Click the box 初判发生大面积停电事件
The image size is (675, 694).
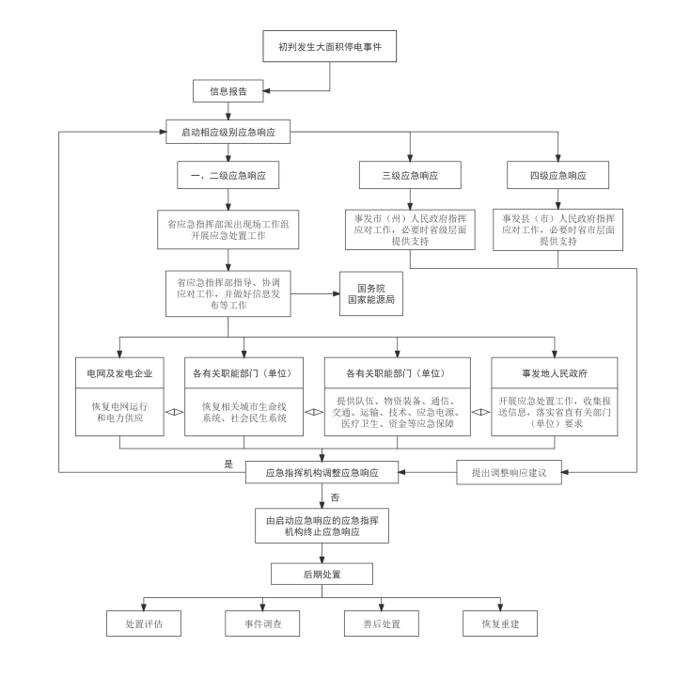click(329, 46)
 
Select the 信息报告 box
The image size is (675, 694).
click(228, 91)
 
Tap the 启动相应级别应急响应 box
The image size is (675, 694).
click(228, 132)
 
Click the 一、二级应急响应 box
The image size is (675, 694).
click(228, 175)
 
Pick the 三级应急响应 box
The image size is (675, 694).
click(410, 175)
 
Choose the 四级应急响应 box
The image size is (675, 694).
click(557, 175)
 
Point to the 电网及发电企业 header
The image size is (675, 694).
click(119, 373)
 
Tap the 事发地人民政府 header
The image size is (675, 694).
click(554, 373)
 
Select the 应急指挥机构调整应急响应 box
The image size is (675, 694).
click(322, 472)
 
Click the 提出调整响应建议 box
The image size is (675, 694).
click(509, 472)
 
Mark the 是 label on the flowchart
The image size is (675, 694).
click(228, 464)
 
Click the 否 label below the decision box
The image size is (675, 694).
click(335, 497)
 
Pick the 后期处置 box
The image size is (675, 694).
click(322, 574)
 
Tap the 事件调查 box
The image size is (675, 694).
click(262, 623)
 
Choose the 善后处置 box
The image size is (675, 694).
click(381, 623)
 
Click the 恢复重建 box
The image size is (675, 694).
click(500, 623)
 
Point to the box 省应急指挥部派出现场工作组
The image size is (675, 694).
click(228, 229)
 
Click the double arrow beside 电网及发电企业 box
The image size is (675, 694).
click(174, 412)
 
